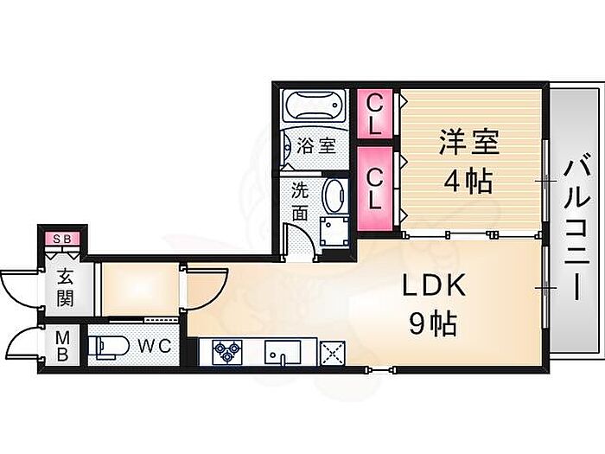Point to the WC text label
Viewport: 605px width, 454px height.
(156, 346)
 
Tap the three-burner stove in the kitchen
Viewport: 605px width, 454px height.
(228, 351)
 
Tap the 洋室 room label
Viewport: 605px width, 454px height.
(468, 143)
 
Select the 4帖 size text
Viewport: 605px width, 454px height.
(468, 182)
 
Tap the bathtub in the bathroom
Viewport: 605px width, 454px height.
(315, 107)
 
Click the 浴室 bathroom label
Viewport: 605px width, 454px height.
(316, 145)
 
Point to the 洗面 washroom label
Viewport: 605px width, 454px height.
(299, 201)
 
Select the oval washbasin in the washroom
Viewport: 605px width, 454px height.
(333, 196)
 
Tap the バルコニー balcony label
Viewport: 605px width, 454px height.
(574, 227)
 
